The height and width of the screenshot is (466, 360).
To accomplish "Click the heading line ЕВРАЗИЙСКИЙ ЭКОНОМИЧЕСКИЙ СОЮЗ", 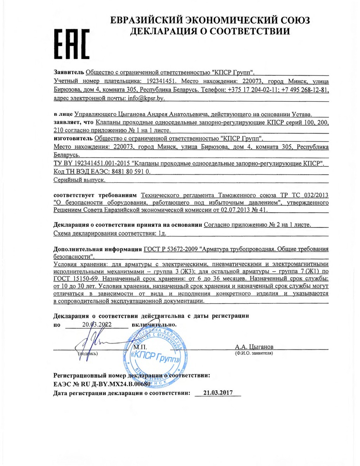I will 210,21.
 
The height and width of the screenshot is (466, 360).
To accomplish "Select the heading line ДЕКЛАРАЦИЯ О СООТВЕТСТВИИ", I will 210,32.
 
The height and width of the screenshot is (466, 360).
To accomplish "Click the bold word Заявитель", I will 68,73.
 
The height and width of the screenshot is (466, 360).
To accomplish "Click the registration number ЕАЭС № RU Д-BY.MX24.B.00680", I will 101,384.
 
